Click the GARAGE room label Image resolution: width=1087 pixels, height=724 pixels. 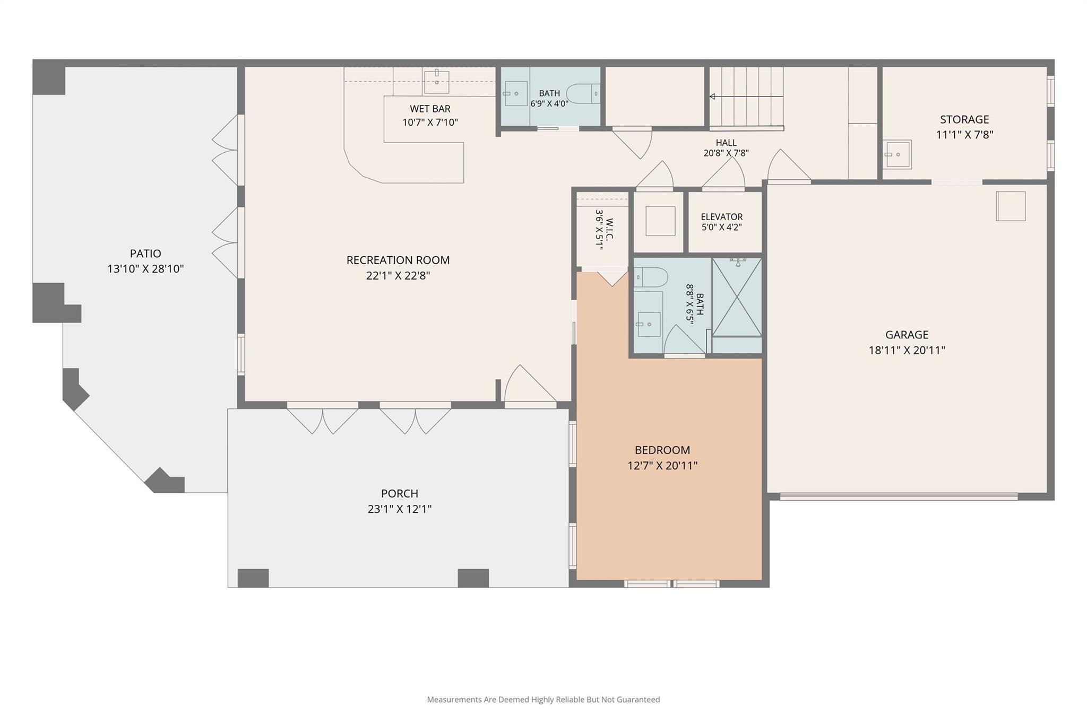[x=907, y=335]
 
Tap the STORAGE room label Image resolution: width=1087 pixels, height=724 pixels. [x=964, y=119]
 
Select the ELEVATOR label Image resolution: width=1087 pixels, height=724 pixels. [x=721, y=216]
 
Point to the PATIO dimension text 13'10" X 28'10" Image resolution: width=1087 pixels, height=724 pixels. [x=145, y=269]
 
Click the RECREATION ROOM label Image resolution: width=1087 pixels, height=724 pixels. [x=398, y=260]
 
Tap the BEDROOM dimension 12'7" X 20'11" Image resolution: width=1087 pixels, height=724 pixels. [x=662, y=466]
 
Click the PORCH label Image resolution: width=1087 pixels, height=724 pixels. [x=400, y=493]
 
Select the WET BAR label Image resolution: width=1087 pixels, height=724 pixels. [x=430, y=109]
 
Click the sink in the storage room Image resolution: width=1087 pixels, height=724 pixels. [x=897, y=154]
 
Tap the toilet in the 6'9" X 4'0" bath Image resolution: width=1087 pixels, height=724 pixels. [x=583, y=94]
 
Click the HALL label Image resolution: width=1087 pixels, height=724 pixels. [x=726, y=143]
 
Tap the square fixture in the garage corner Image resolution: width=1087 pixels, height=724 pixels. [x=1011, y=206]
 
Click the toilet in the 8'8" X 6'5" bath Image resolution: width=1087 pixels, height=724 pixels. [x=651, y=277]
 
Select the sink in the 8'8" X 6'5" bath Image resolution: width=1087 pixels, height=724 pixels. [x=649, y=324]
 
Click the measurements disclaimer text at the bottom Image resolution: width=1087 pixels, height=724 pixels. [x=543, y=700]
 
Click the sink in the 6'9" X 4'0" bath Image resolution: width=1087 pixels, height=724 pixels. [x=515, y=94]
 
